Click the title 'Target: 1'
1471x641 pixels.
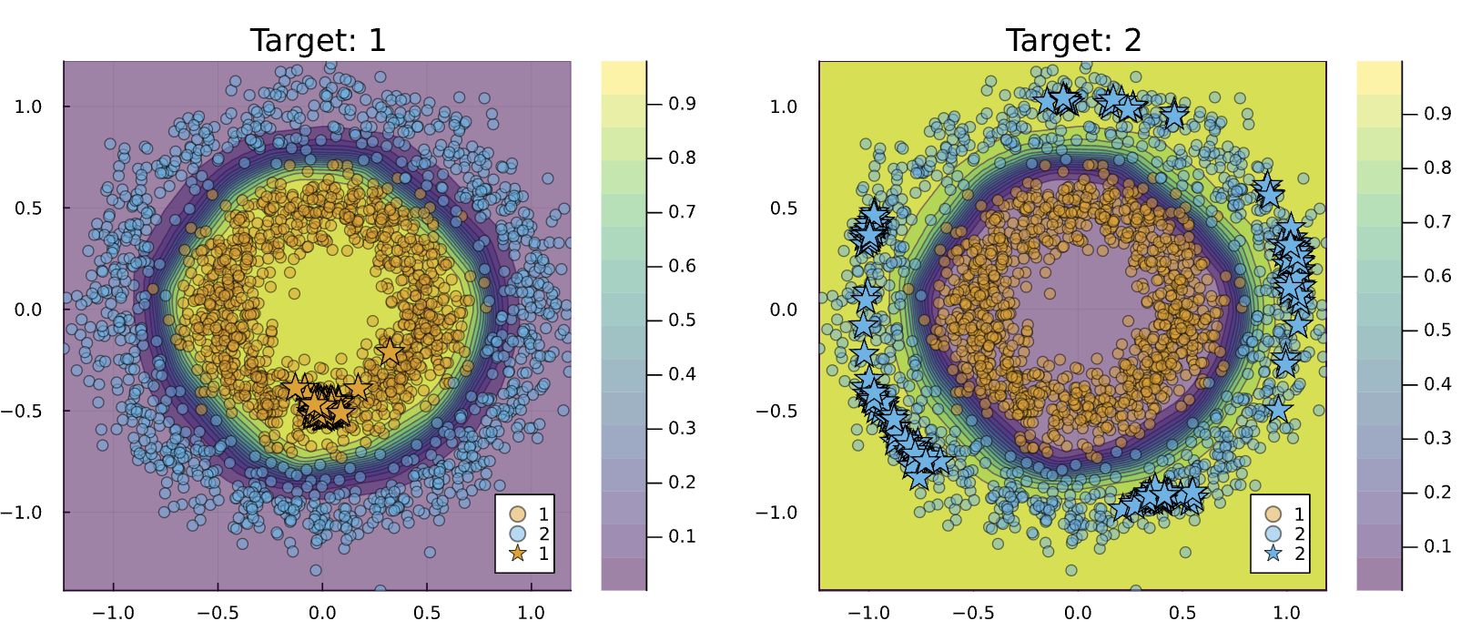click(x=318, y=40)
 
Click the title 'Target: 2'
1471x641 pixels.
click(x=1074, y=40)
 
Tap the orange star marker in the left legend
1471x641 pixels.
click(x=517, y=553)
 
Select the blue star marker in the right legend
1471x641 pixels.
click(x=1273, y=553)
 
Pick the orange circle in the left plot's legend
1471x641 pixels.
click(x=517, y=514)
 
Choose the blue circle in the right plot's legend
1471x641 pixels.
click(x=1273, y=534)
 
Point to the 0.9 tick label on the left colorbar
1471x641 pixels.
click(x=683, y=104)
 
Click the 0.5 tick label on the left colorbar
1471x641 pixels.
click(x=683, y=320)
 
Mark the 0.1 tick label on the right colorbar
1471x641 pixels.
click(x=1437, y=545)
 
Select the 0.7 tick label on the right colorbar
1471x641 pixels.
click(x=1437, y=222)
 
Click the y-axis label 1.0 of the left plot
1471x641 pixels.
click(x=28, y=107)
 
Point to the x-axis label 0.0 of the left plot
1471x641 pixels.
click(x=322, y=613)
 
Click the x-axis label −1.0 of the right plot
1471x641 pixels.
click(x=868, y=613)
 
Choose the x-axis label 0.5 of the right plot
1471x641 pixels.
click(x=1182, y=613)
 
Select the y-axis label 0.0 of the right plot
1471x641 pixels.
click(x=784, y=310)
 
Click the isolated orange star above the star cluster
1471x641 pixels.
click(x=390, y=351)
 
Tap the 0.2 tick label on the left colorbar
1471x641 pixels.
click(x=683, y=482)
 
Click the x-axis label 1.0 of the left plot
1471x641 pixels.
click(x=531, y=613)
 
